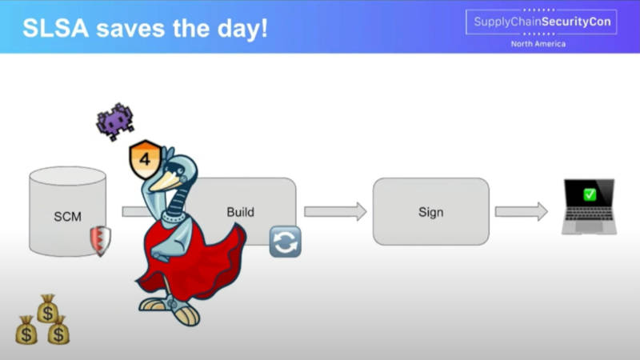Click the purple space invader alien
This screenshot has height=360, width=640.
tap(115, 122)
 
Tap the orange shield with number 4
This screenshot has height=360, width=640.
tap(145, 158)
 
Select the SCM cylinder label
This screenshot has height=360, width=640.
tap(68, 216)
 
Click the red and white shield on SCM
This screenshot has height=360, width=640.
tap(101, 241)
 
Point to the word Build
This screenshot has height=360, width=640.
tap(241, 212)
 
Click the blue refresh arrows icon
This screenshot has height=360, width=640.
tap(286, 242)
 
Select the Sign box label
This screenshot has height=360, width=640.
tap(430, 212)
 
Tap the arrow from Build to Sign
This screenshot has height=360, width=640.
tap(335, 211)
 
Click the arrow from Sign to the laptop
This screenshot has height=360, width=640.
tap(522, 211)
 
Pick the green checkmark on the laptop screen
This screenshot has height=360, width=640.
tap(590, 194)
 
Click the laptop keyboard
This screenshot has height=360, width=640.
tap(589, 215)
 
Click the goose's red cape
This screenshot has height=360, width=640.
tap(192, 262)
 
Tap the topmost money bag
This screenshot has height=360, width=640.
tap(47, 309)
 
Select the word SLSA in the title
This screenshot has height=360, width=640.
tap(55, 28)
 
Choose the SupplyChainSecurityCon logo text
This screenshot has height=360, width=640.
tap(542, 22)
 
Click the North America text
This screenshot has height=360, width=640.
tap(538, 44)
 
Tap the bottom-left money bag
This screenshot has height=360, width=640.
tap(26, 330)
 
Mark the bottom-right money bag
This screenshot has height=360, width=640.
tap(58, 330)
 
